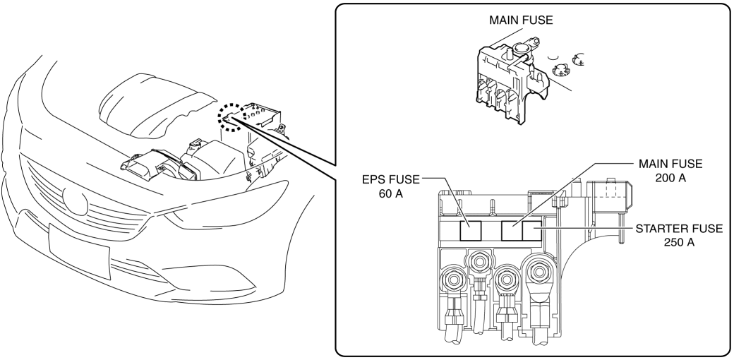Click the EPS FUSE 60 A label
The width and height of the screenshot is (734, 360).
tap(386, 186)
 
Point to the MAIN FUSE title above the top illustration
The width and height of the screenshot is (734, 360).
tap(521, 20)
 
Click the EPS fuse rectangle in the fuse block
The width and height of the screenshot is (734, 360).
tap(471, 230)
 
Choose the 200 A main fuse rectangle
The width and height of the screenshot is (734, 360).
tap(512, 230)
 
